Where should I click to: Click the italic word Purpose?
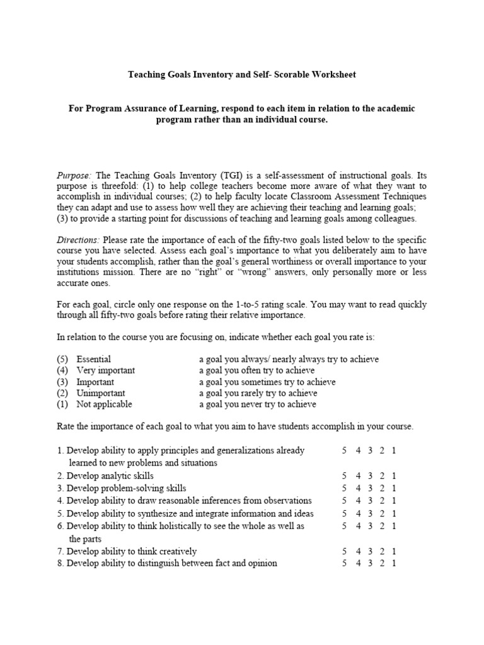(74, 175)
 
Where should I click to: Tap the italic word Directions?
(78, 240)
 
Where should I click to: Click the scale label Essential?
(93, 359)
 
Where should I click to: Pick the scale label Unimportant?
(100, 393)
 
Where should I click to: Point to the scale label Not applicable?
(104, 404)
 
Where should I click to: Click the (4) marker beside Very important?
(62, 370)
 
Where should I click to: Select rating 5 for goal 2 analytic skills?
(344, 476)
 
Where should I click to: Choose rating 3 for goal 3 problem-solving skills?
(369, 488)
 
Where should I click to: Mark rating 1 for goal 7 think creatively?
(394, 551)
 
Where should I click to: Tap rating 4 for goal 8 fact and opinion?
(357, 563)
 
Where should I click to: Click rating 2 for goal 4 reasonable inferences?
(382, 501)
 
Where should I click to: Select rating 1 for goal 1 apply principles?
(394, 450)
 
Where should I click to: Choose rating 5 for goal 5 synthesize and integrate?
(344, 513)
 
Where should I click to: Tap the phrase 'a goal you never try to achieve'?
(257, 404)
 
